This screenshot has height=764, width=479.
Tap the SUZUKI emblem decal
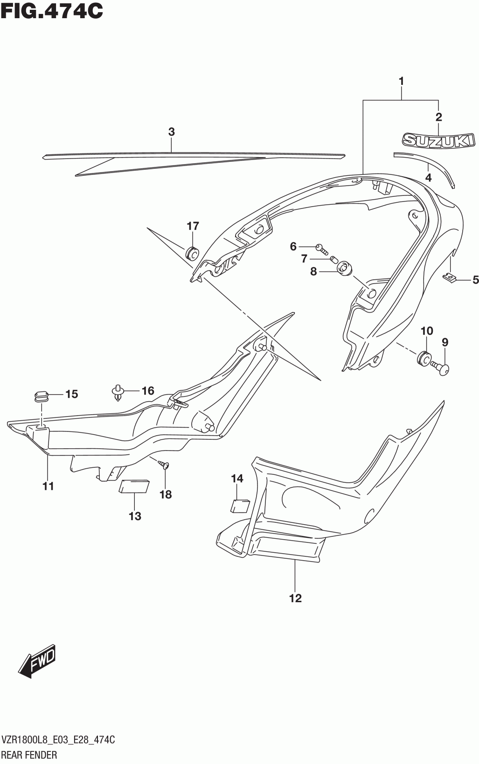439,140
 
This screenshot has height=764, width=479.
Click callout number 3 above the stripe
171,132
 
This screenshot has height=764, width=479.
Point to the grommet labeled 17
192,252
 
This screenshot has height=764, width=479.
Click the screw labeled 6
321,248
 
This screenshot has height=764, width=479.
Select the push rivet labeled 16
118,392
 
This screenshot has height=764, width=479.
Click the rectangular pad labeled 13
134,486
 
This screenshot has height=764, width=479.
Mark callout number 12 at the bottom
295,598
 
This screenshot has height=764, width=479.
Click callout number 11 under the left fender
48,486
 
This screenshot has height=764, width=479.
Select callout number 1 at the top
401,81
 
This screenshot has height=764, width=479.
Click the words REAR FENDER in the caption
30,755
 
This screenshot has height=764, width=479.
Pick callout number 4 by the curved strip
428,178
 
